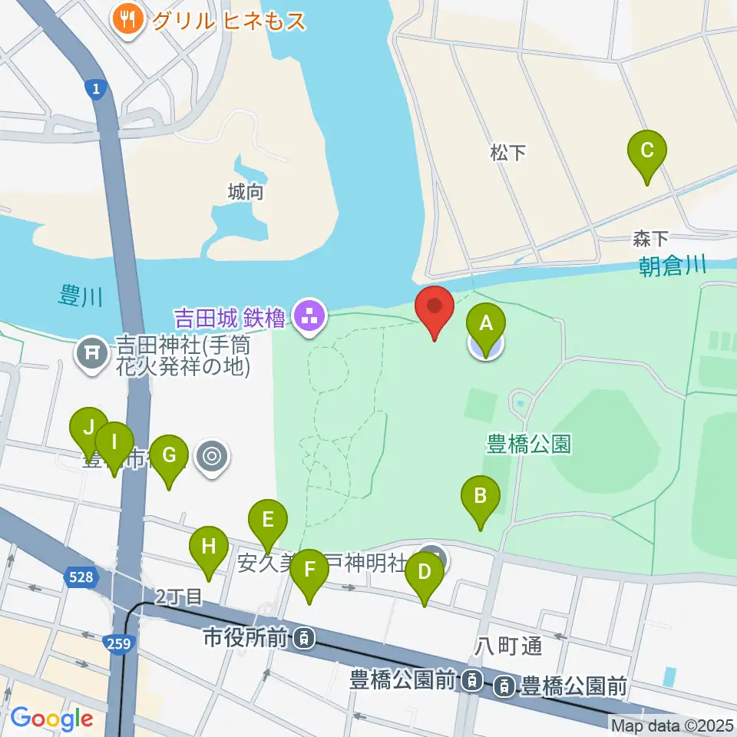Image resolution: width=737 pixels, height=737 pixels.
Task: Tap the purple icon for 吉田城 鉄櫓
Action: click(309, 315)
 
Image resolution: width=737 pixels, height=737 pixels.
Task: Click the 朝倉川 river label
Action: click(673, 266)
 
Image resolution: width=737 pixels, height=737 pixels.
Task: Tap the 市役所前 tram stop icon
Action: click(305, 636)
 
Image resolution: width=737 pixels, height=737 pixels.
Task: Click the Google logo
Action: click(51, 719)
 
